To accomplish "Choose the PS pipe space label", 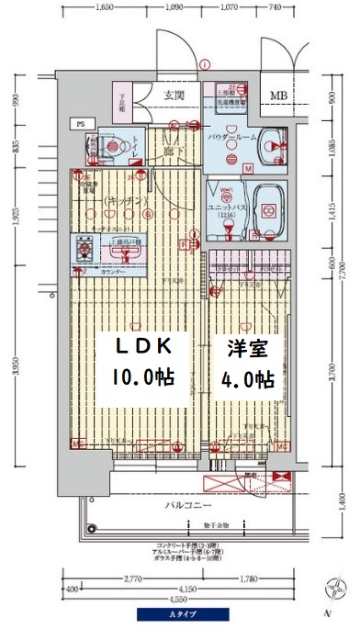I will coord(81,122).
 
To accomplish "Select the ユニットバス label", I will coord(225,208).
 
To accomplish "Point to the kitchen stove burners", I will coord(84,246).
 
